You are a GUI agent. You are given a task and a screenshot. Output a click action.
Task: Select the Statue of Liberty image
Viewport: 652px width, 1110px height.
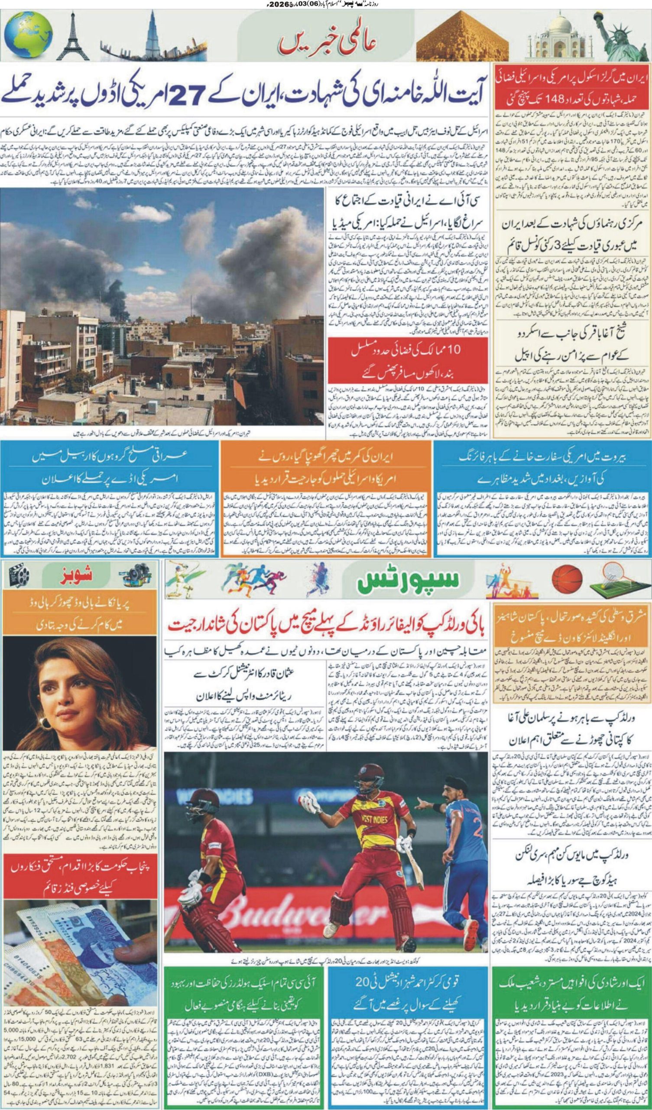pos(616,37)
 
